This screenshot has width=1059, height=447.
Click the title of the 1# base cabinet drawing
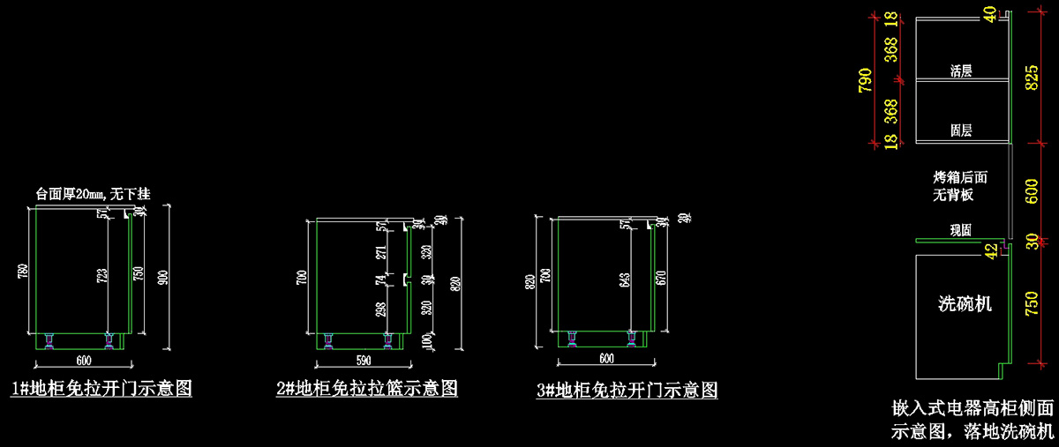pos(101,388)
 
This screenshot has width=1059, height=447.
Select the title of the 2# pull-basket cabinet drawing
pos(366,388)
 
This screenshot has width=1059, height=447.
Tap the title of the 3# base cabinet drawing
pos(627,389)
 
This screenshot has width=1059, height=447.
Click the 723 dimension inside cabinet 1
pos(103,275)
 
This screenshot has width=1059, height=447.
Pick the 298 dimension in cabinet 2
pos(381,309)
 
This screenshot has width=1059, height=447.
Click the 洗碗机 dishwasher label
pos(965,305)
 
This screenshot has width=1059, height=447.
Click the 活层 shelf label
pos(961,71)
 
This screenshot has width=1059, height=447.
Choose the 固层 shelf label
pos(961,130)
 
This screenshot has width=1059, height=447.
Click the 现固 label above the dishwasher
pos(961,230)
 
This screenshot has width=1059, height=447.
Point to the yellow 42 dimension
pos(991,250)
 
